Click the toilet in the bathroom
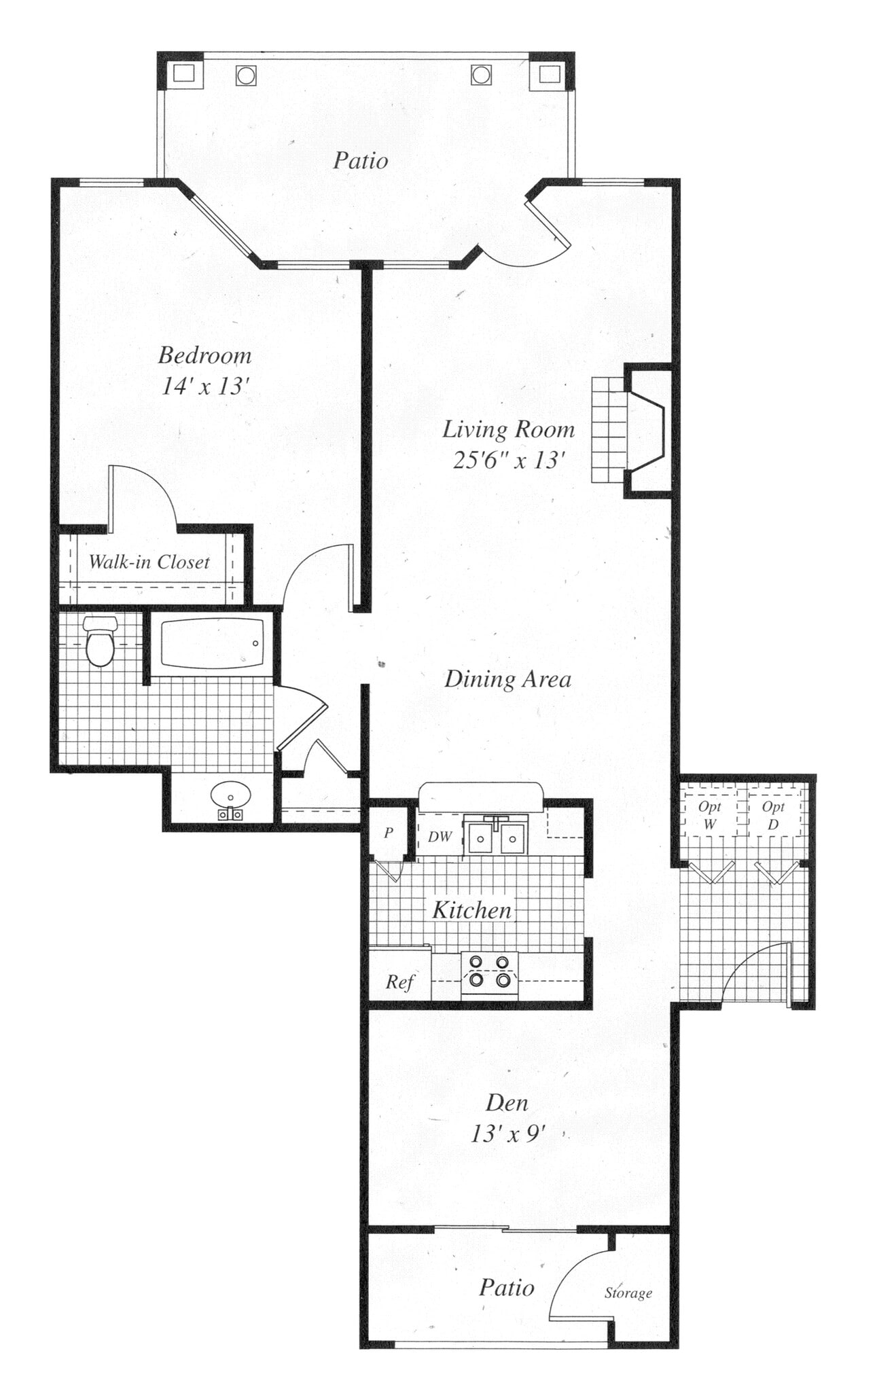[x=100, y=642]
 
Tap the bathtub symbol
[x=211, y=643]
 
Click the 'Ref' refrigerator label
[x=399, y=981]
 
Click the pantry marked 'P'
[x=389, y=833]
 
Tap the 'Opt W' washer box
[x=709, y=815]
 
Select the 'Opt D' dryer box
[x=773, y=815]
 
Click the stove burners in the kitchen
[x=489, y=971]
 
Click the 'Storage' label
[x=628, y=1293]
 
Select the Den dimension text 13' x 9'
[x=509, y=1134]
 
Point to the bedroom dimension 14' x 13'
[x=205, y=386]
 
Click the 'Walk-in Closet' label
[x=149, y=562]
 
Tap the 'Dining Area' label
[x=507, y=679]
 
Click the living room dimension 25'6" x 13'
[x=509, y=460]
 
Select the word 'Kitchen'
[x=471, y=910]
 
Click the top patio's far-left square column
[x=183, y=73]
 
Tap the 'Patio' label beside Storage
[x=506, y=1288]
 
